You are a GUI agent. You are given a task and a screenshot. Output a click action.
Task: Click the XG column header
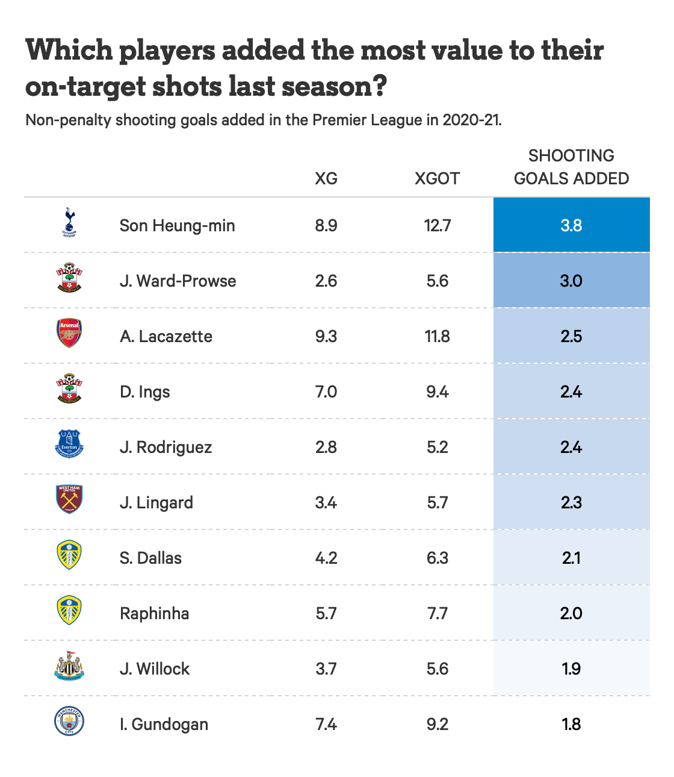(x=326, y=178)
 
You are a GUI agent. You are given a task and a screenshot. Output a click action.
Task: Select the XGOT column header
(x=437, y=178)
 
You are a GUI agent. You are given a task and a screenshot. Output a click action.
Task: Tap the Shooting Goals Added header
(x=571, y=167)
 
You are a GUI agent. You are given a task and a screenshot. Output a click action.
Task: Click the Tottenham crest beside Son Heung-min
(x=69, y=223)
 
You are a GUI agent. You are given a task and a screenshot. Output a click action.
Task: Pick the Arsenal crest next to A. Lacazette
(x=69, y=334)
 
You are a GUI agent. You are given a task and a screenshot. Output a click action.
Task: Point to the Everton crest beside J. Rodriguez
(x=69, y=445)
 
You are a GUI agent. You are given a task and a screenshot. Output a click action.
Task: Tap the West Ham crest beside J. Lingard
(x=69, y=500)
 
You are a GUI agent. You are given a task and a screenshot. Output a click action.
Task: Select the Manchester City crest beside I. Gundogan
(x=69, y=722)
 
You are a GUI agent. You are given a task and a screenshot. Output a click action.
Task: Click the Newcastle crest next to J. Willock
(x=69, y=666)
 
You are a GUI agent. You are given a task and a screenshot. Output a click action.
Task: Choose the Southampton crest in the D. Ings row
(x=69, y=389)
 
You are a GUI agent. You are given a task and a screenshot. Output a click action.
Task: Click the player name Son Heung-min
(x=177, y=225)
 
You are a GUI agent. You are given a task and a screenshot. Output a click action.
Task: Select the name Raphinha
(x=155, y=613)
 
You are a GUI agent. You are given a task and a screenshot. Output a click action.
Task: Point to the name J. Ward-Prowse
(x=178, y=281)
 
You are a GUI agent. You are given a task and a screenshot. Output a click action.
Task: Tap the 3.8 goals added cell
(x=571, y=225)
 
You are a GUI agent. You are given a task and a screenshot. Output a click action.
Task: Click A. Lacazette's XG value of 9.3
(x=326, y=336)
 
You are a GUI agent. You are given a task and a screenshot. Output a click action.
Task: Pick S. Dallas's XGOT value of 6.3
(x=437, y=558)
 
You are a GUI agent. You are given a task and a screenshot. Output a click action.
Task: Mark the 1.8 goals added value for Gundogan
(x=571, y=724)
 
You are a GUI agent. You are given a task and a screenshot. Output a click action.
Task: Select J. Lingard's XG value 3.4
(x=326, y=502)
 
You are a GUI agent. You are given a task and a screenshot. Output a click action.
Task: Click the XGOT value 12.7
(x=437, y=225)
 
